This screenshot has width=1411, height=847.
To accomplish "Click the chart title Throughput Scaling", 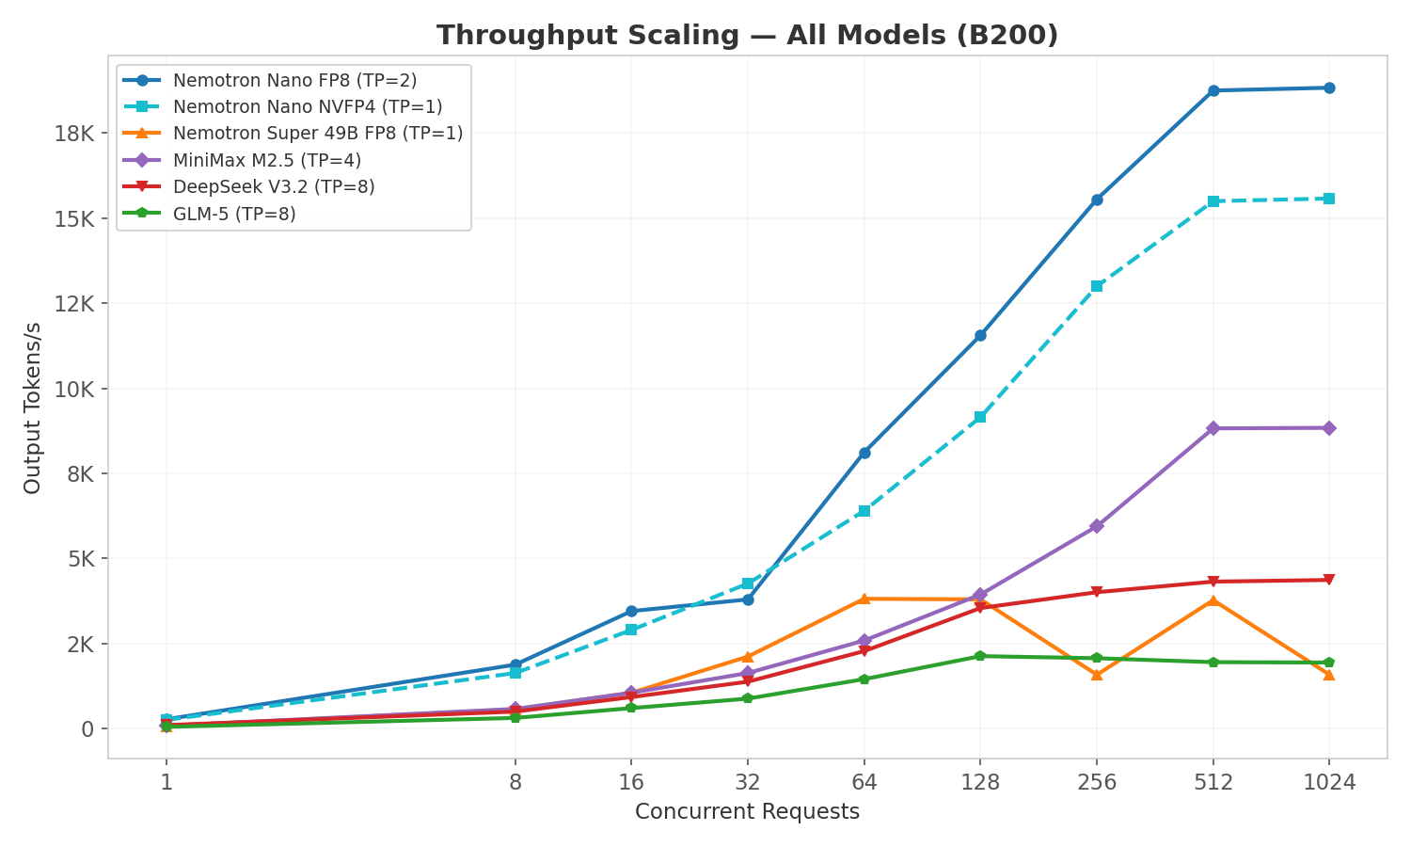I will pyautogui.click(x=747, y=36).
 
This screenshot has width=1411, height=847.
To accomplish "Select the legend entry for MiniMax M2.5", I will pyautogui.click(x=266, y=161).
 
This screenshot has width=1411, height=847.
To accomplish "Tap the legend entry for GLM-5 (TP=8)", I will pyautogui.click(x=234, y=215).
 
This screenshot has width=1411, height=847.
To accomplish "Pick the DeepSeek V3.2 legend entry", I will pyautogui.click(x=274, y=187).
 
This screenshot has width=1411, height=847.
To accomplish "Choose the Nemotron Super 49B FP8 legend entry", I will pyautogui.click(x=317, y=134).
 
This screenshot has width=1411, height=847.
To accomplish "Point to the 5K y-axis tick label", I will pyautogui.click(x=80, y=559).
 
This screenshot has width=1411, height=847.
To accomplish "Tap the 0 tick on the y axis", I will pyautogui.click(x=87, y=729).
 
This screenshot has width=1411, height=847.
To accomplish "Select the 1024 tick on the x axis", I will pyautogui.click(x=1329, y=782).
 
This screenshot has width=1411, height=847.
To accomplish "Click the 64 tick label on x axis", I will pyautogui.click(x=864, y=782).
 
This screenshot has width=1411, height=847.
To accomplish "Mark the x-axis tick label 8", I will pyautogui.click(x=515, y=782).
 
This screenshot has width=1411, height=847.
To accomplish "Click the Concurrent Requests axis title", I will pyautogui.click(x=747, y=812).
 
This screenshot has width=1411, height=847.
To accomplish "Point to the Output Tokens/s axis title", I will pyautogui.click(x=33, y=408).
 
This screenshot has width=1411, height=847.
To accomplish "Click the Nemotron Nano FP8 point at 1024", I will pyautogui.click(x=1329, y=88).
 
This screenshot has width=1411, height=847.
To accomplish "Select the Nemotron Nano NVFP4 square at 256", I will pyautogui.click(x=1097, y=286).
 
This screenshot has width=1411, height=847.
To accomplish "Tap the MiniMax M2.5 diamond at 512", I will pyautogui.click(x=1213, y=428).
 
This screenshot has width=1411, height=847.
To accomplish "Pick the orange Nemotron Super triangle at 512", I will pyautogui.click(x=1213, y=600).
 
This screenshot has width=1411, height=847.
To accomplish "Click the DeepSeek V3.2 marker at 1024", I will pyautogui.click(x=1329, y=580).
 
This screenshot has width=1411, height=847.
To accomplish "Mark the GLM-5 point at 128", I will pyautogui.click(x=980, y=656).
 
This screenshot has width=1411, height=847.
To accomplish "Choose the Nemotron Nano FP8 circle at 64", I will pyautogui.click(x=864, y=453).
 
